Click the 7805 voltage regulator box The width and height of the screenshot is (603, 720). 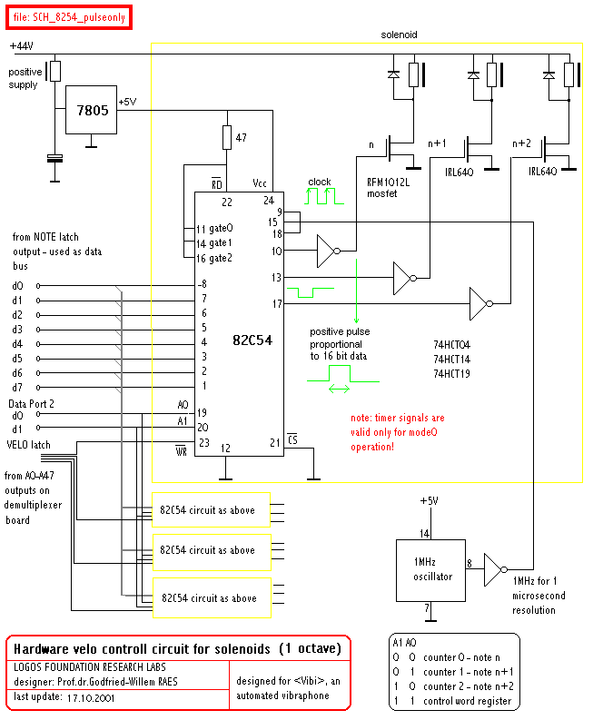pos(91,110)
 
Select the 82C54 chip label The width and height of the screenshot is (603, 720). pos(252,340)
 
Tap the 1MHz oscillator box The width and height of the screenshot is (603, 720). pos(430,570)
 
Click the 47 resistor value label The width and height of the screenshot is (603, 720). pos(241,138)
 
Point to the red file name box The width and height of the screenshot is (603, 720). pos(69,17)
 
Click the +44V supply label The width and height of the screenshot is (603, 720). pos(22,46)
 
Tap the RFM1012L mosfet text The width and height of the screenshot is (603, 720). pos(388,188)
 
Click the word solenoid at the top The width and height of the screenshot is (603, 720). pos(399,35)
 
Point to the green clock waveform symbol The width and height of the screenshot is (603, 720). pos(324,196)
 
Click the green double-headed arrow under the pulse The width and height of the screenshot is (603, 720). pos(339,390)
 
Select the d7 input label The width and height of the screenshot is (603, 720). pos(17,388)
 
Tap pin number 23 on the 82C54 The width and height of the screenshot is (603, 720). pos(204,443)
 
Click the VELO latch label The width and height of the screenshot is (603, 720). pos(28,445)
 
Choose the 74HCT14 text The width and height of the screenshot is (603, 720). pos(452,359)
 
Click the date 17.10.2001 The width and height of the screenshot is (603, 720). pos(91,698)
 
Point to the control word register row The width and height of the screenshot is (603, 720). pos(452,701)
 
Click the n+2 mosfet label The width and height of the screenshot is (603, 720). pos(521,143)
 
